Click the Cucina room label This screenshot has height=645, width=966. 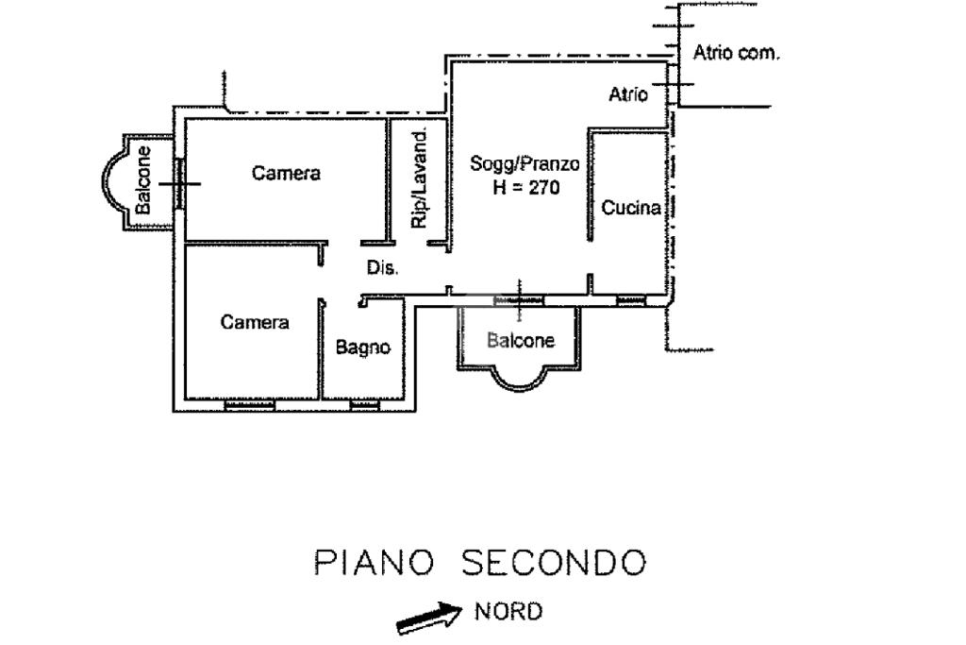tap(630, 210)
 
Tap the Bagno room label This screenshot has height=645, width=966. tap(363, 348)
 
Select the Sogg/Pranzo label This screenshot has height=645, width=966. tap(525, 164)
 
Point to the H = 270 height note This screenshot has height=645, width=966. tap(525, 187)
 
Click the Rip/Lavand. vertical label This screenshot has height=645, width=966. tap(420, 178)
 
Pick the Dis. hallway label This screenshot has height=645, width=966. tap(382, 268)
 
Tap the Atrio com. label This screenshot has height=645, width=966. tap(736, 53)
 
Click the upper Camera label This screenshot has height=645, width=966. tap(286, 173)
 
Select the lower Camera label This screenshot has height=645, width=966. tap(255, 322)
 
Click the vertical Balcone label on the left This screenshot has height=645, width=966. tap(142, 178)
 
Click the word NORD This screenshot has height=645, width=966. tap(508, 611)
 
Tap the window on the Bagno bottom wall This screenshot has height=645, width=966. tap(363, 406)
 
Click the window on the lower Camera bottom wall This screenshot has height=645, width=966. tap(249, 406)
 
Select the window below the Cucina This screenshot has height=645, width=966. tap(630, 301)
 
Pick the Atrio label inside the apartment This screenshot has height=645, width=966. tap(628, 94)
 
